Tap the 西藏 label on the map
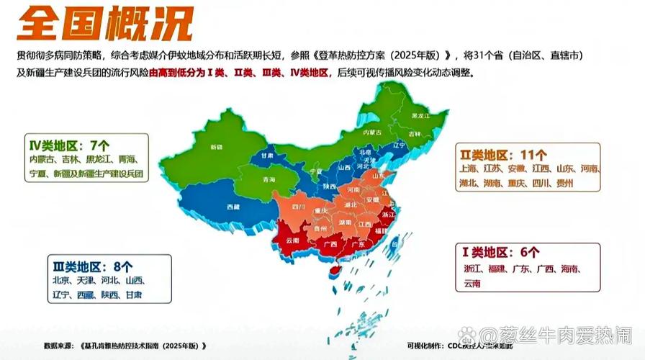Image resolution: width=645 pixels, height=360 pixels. pos(233,207)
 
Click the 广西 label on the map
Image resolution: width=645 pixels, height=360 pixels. pos(331,244)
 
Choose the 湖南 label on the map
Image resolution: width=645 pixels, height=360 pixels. pos(346,222)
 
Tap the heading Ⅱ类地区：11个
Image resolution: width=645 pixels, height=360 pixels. pos(503,154)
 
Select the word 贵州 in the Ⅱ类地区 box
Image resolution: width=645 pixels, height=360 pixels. pos(565,184)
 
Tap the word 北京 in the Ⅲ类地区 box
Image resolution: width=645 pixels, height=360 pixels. pos(60,280)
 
